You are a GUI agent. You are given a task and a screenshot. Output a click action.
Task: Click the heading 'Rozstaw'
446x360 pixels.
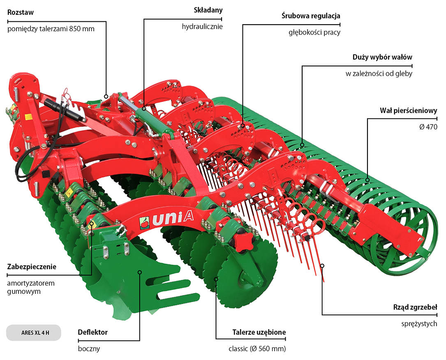21,12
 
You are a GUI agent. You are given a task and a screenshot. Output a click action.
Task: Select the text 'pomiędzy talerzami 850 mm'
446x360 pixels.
51,29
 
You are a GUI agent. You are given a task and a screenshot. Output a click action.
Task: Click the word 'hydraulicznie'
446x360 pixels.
202,27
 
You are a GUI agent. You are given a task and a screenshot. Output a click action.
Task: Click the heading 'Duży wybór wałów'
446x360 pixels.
382,57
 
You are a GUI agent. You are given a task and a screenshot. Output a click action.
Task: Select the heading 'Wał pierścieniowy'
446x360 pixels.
409,111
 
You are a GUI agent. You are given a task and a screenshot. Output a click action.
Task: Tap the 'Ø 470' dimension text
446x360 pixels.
428,127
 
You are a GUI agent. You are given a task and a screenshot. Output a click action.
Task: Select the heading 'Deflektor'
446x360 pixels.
92,332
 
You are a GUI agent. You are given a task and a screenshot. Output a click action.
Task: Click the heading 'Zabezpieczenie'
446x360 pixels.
32,266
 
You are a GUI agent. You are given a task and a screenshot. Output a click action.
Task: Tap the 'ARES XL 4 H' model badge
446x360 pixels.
34,332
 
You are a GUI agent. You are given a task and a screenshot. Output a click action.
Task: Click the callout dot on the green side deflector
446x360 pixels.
140,272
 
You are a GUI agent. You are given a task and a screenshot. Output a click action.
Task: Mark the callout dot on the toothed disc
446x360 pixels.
216,279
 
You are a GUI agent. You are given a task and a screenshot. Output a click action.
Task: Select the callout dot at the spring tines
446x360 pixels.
322,265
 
